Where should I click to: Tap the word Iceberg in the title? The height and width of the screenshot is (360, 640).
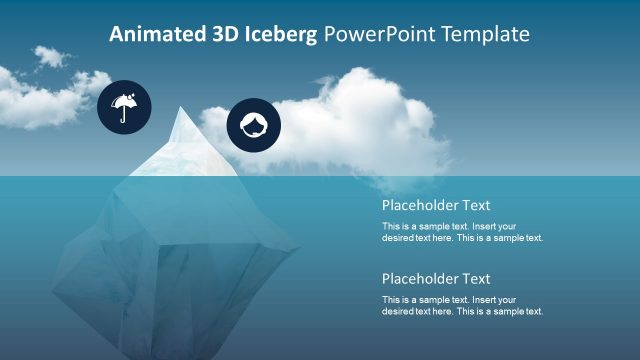pyautogui.click(x=281, y=34)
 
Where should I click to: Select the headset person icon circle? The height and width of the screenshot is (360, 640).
pyautogui.click(x=254, y=126)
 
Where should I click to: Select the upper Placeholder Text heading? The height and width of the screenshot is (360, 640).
pyautogui.click(x=436, y=206)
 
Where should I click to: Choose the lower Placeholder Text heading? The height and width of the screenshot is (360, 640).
pyautogui.click(x=436, y=279)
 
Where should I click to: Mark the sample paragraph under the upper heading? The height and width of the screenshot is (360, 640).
pyautogui.click(x=462, y=232)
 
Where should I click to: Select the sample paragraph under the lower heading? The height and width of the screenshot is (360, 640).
pyautogui.click(x=462, y=305)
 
